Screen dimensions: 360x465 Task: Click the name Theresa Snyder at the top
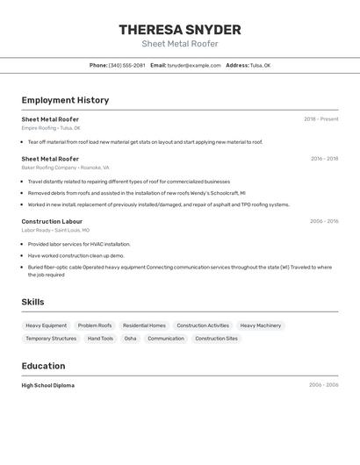pyautogui.click(x=180, y=30)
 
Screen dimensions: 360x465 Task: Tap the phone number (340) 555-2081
pyautogui.click(x=127, y=65)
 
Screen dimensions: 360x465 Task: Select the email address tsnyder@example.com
pyautogui.click(x=194, y=65)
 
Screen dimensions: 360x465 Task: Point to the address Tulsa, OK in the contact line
pyautogui.click(x=260, y=65)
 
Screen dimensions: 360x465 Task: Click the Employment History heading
pyautogui.click(x=65, y=100)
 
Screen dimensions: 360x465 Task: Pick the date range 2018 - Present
pyautogui.click(x=320, y=119)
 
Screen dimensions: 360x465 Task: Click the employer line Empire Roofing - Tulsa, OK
pyautogui.click(x=51, y=128)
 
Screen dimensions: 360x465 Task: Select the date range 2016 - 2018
pyautogui.click(x=324, y=159)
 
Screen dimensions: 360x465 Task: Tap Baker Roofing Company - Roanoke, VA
pyautogui.click(x=65, y=167)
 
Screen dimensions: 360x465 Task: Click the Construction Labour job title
pyautogui.click(x=52, y=221)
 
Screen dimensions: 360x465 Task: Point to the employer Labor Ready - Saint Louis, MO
pyautogui.click(x=55, y=230)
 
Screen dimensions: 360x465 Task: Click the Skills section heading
pyautogui.click(x=32, y=302)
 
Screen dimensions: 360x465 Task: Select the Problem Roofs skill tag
pyautogui.click(x=95, y=325)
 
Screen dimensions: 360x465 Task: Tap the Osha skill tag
pyautogui.click(x=130, y=338)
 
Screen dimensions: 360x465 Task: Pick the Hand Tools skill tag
pyautogui.click(x=100, y=338)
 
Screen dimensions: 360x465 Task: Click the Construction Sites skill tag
pyautogui.click(x=216, y=338)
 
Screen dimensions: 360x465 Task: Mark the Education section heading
pyautogui.click(x=43, y=366)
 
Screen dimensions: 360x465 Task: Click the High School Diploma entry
pyautogui.click(x=48, y=385)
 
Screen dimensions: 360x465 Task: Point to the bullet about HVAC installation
pyautogui.click(x=79, y=244)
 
